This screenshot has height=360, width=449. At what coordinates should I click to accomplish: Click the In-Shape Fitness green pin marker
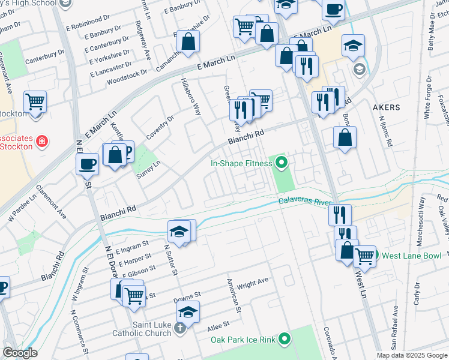[x=281, y=161]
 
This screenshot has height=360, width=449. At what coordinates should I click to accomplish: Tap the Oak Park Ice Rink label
[x=242, y=340]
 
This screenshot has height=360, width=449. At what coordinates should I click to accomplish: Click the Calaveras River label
[x=305, y=202]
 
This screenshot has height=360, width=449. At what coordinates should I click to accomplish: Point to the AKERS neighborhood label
[x=386, y=107]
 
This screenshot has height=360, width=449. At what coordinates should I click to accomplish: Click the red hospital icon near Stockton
[x=42, y=141]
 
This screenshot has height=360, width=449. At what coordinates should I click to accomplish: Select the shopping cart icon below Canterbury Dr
[x=35, y=102]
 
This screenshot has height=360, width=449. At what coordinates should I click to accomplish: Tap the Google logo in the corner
[x=19, y=353]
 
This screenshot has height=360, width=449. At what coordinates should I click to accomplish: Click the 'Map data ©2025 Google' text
[x=412, y=355]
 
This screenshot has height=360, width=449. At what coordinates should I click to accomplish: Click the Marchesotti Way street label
[x=422, y=210]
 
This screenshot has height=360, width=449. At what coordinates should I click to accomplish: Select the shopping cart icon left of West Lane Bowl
[x=364, y=256]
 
